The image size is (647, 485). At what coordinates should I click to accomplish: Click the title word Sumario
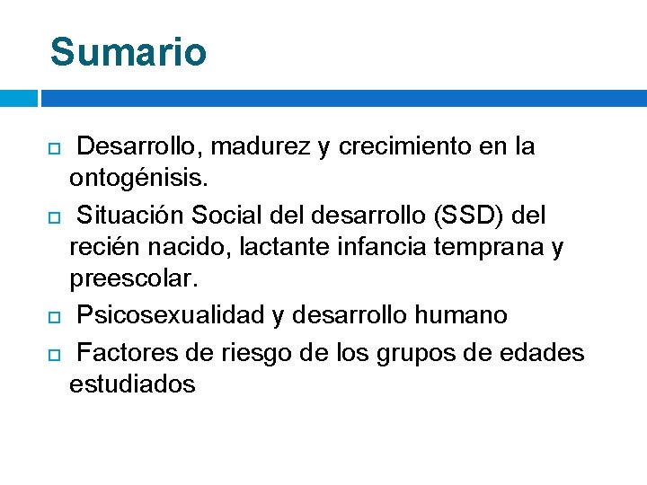point(129,52)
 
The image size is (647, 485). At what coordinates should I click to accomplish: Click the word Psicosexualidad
point(171,315)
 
